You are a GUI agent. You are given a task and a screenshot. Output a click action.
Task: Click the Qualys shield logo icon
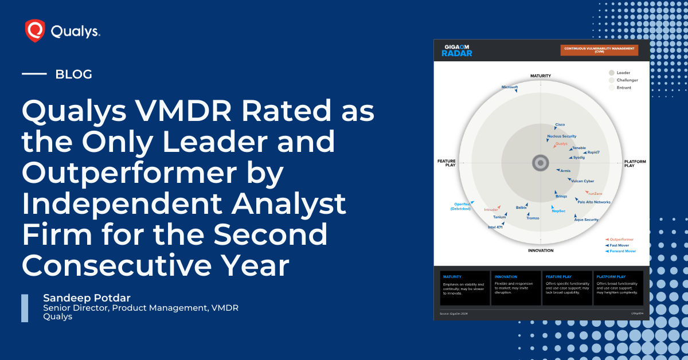[x=35, y=31]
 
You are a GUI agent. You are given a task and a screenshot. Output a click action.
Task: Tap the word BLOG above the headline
[x=73, y=74]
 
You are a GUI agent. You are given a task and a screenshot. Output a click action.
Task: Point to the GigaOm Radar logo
[x=456, y=50]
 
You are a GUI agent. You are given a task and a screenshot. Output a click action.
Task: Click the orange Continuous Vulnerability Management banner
[x=599, y=50]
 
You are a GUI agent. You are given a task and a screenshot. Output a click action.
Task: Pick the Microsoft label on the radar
[x=509, y=87]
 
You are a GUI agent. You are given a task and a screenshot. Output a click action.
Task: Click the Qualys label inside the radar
[x=561, y=144]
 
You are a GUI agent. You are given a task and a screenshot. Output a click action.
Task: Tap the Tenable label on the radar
[x=579, y=148]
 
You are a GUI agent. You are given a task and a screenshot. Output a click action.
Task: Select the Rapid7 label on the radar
[x=594, y=152]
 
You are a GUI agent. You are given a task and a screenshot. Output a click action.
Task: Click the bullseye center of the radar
[x=540, y=163]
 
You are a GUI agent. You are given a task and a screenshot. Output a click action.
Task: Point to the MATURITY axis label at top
[x=540, y=76]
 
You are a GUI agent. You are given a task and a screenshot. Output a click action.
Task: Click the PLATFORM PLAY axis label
[x=635, y=163]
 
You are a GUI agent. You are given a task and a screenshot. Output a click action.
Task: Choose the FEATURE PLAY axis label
[x=446, y=163]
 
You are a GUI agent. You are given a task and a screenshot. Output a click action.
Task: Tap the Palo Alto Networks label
[x=594, y=202]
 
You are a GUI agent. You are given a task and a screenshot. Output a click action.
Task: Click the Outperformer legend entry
[x=623, y=239]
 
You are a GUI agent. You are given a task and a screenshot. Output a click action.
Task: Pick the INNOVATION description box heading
[x=506, y=276]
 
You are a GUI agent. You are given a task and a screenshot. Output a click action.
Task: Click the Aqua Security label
[x=586, y=220]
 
